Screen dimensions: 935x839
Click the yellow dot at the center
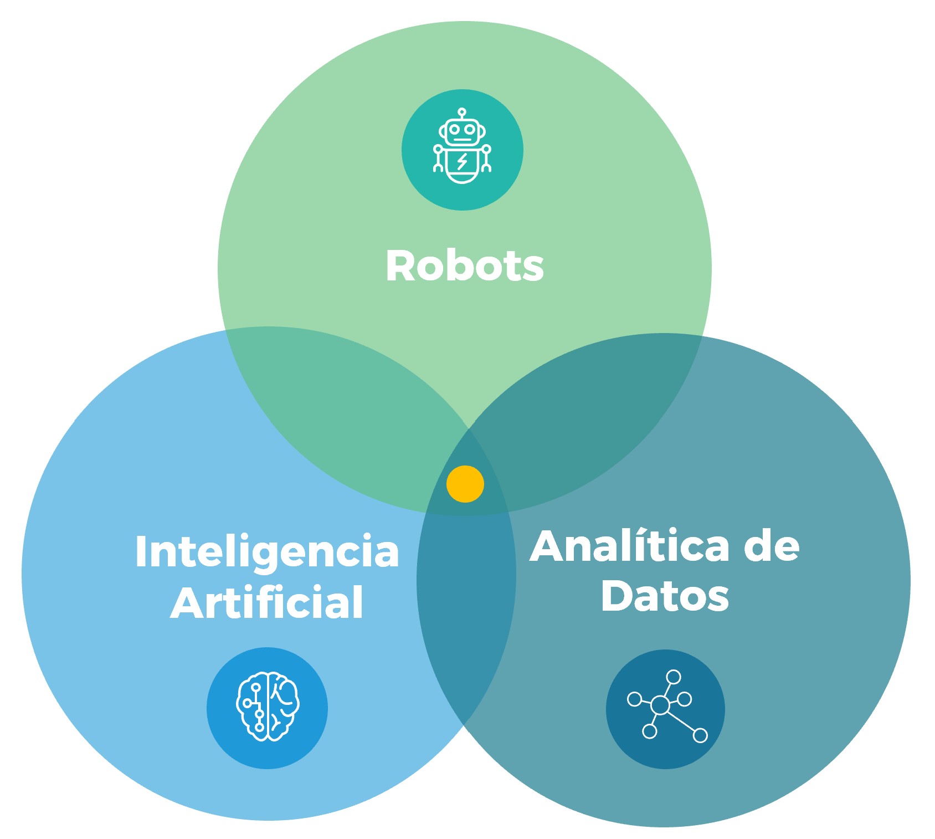pos(465,484)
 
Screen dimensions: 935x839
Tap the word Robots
pos(465,266)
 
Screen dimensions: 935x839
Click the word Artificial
pos(267,602)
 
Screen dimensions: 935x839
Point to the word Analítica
pos(630,546)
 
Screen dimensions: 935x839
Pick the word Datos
pos(665,596)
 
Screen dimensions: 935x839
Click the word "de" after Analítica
pos(772,546)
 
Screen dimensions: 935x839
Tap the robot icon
pos(462,146)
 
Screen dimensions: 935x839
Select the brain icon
pos(268,706)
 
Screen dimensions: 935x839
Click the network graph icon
pos(667,705)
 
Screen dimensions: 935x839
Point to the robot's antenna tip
pos(462,111)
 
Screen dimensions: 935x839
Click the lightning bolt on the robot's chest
pos(462,161)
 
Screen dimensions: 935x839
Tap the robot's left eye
pos(454,129)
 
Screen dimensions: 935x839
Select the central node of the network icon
pos(660,705)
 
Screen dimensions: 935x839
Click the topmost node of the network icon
pos(674,677)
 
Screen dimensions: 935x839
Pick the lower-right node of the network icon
pos(700,735)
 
